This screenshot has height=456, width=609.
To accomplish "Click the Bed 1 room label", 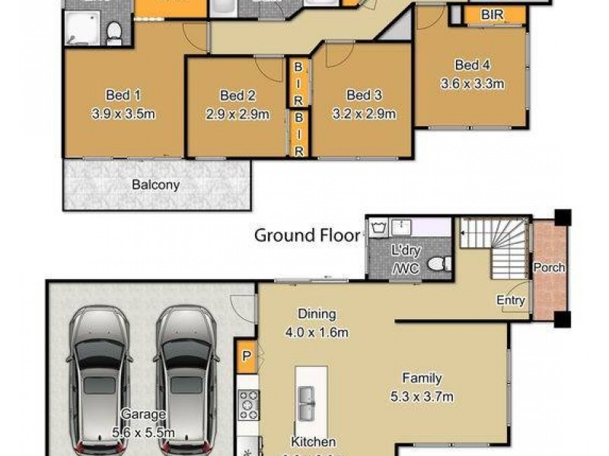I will coord(123,95).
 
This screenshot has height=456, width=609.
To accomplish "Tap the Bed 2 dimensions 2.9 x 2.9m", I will coord(238,115).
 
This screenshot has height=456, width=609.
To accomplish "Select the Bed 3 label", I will coord(364,95).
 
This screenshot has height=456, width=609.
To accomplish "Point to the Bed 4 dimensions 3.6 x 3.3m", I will coord(472,84).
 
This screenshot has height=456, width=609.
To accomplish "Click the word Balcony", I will coord(155,185).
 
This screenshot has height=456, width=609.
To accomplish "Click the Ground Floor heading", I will coord(307,235).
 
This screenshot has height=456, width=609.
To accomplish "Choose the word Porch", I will coord(548,268).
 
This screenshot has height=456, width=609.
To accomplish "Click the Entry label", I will coord(511,300).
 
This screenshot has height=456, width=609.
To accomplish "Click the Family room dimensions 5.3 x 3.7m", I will coord(423,397).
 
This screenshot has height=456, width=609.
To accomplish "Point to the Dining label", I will coord(317,313).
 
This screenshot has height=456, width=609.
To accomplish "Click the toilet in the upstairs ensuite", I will coord(114,31).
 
